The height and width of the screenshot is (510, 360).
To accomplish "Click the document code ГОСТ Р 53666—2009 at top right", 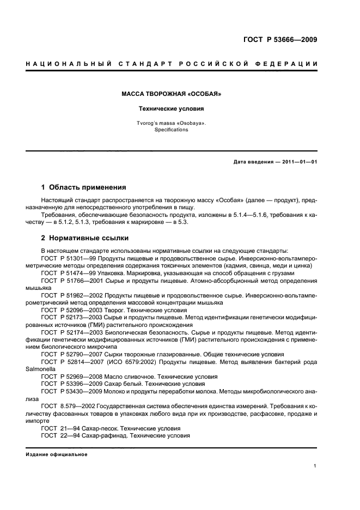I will (279, 39).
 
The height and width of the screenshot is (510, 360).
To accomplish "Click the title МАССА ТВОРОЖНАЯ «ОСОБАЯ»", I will (171, 94).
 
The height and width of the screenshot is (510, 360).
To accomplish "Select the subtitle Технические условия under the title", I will (171, 108).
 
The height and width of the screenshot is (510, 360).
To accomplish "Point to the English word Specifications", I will (171, 130).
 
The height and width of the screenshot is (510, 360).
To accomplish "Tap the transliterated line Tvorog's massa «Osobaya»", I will (171, 123).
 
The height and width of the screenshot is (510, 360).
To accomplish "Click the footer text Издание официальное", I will (57, 454).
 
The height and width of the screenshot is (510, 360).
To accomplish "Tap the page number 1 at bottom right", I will (315, 466).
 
